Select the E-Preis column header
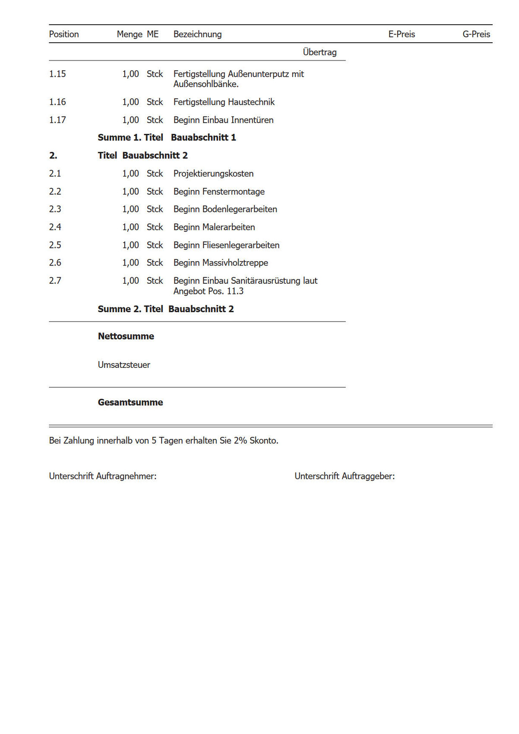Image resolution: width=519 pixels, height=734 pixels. (402, 34)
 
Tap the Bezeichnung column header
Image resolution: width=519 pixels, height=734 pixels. (197, 34)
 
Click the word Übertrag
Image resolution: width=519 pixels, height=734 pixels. (320, 52)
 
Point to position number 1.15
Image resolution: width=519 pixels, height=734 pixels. (57, 74)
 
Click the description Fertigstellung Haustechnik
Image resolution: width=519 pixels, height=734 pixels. (224, 102)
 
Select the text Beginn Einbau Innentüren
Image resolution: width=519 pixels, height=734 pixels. (223, 120)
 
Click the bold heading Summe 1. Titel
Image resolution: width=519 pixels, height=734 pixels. (130, 138)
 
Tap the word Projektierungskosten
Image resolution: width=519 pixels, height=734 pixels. (213, 174)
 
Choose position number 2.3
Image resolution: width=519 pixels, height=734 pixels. (55, 209)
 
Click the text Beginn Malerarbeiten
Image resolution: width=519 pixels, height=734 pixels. (214, 227)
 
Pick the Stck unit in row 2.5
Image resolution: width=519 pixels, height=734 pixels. (155, 245)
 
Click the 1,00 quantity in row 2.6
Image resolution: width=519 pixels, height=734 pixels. (130, 263)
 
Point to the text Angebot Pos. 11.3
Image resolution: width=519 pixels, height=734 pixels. (208, 291)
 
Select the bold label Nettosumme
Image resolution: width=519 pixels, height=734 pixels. (126, 336)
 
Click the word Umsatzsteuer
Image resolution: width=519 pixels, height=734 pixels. (124, 365)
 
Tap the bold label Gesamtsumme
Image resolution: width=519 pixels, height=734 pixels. (130, 402)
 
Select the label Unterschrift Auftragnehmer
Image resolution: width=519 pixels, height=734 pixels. (102, 476)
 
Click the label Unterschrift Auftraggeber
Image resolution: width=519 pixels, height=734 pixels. (344, 476)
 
